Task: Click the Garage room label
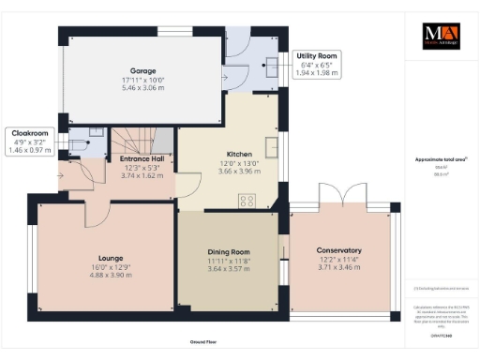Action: click(x=142, y=70)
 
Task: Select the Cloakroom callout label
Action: click(x=27, y=132)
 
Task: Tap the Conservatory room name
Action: click(x=339, y=250)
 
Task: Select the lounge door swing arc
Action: click(x=96, y=213)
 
